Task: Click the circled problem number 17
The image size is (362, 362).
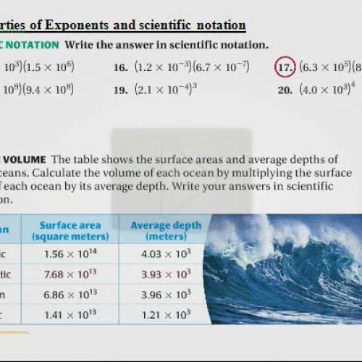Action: (284, 67)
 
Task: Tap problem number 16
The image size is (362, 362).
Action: (121, 68)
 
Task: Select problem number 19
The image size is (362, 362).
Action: (121, 91)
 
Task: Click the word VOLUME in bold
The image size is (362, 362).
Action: (25, 159)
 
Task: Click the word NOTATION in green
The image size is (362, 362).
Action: (30, 44)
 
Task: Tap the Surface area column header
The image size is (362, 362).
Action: (70, 230)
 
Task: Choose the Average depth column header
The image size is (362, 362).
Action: (166, 230)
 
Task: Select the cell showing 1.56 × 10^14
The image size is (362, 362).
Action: (70, 253)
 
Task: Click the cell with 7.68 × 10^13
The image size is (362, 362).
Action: (70, 274)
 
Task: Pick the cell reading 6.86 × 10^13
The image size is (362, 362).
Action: (70, 294)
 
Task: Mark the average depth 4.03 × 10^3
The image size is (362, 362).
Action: (166, 253)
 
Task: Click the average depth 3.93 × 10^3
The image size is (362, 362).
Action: (166, 274)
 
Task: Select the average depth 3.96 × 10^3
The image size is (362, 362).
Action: (166, 294)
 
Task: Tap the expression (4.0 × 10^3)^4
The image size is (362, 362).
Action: (327, 90)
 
